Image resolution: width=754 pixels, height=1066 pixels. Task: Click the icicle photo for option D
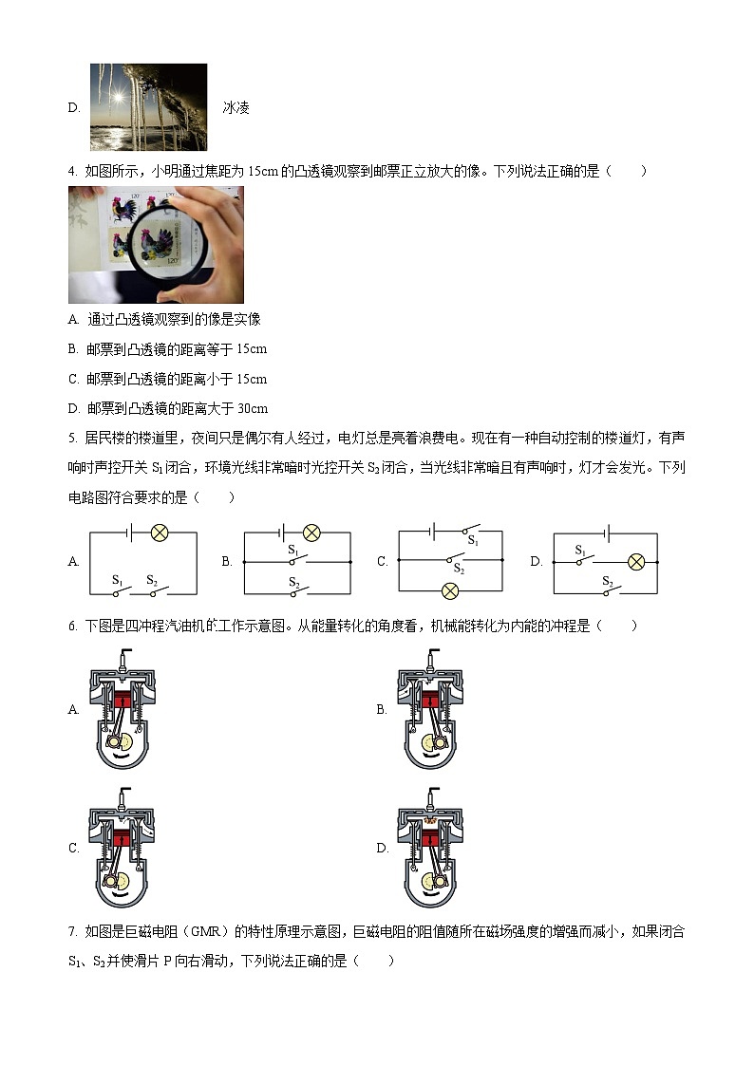[148, 107]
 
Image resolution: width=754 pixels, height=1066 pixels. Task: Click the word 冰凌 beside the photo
[236, 108]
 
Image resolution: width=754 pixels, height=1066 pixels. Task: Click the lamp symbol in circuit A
[160, 533]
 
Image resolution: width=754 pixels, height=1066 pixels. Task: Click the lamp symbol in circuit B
[311, 533]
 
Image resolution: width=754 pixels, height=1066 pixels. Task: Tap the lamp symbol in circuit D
[636, 562]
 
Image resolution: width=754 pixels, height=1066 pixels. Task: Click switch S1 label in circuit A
[118, 579]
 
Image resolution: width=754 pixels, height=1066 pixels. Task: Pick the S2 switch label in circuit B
[294, 582]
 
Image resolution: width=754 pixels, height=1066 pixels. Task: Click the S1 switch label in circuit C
[472, 540]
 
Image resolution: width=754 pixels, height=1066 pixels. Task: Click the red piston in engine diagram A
[121, 701]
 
